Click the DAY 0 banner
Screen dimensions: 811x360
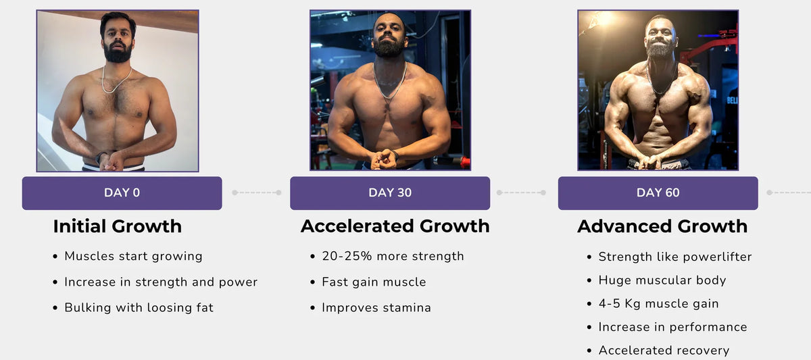point(122,193)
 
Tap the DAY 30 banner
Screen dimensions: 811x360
point(390,193)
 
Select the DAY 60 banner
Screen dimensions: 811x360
point(658,193)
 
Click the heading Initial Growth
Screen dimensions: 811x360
point(118,226)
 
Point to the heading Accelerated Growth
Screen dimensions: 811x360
point(395,226)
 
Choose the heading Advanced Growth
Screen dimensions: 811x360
point(662,226)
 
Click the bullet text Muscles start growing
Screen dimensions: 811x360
point(133,257)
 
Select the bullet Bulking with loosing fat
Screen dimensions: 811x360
point(139,307)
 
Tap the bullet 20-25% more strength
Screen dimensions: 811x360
point(393,256)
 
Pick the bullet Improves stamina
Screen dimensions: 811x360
point(376,307)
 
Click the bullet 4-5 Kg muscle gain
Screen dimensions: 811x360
point(658,303)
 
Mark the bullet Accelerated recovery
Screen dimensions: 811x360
point(664,351)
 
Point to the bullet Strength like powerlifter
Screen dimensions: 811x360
point(675,257)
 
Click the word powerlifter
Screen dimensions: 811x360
point(717,257)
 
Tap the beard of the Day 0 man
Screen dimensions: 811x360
point(118,53)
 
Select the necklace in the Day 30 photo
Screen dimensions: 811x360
point(389,82)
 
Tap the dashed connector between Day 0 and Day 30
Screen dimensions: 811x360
point(257,192)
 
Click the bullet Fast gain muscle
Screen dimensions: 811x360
point(374,282)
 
